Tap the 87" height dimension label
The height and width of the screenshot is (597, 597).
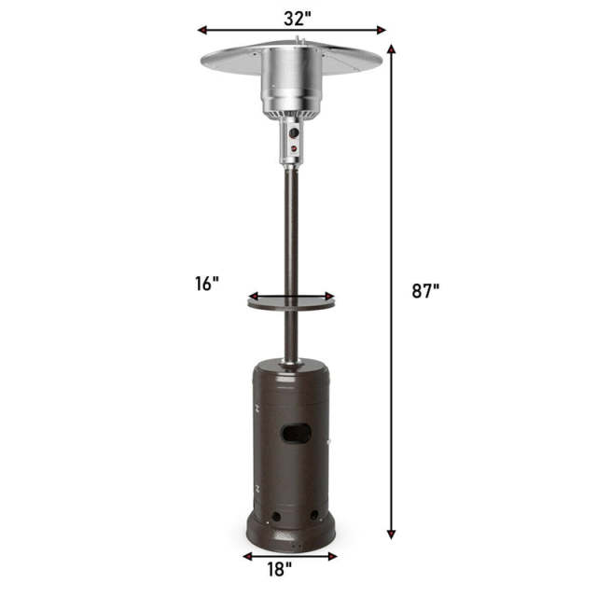tap(424, 290)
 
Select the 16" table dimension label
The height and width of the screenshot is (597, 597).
tap(207, 283)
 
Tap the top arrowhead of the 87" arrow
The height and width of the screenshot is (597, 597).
tap(391, 49)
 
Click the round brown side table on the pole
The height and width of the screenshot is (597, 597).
tap(290, 300)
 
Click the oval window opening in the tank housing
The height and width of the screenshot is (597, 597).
tap(296, 434)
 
